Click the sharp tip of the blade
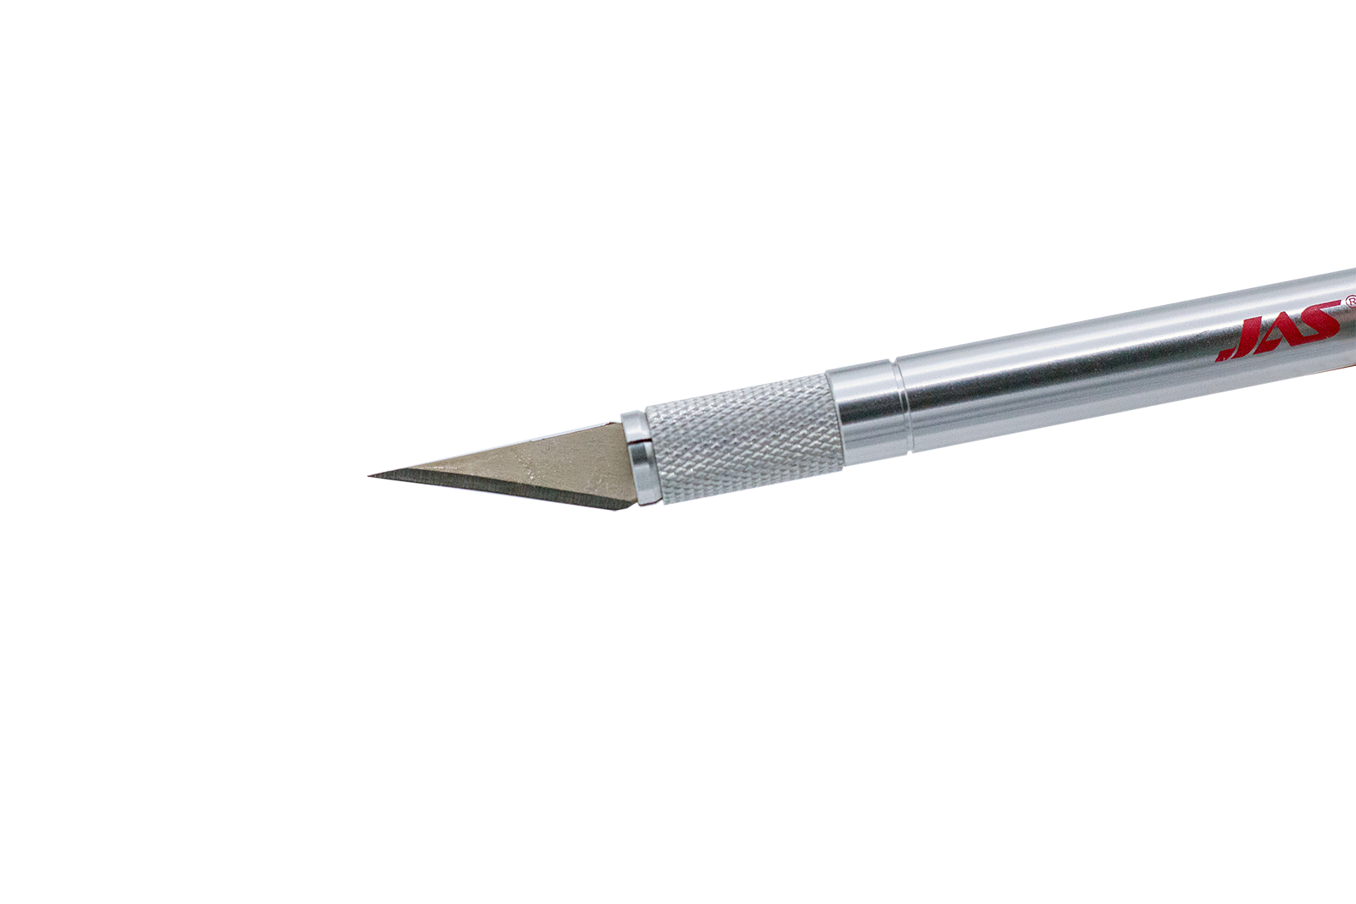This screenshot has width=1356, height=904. pos(370,476)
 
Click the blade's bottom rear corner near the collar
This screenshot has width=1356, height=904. pos(618,509)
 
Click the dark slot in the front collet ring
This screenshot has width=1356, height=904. pos(641,443)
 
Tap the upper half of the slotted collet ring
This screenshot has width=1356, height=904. pos(635,428)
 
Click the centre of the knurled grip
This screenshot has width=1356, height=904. pos(743,439)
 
